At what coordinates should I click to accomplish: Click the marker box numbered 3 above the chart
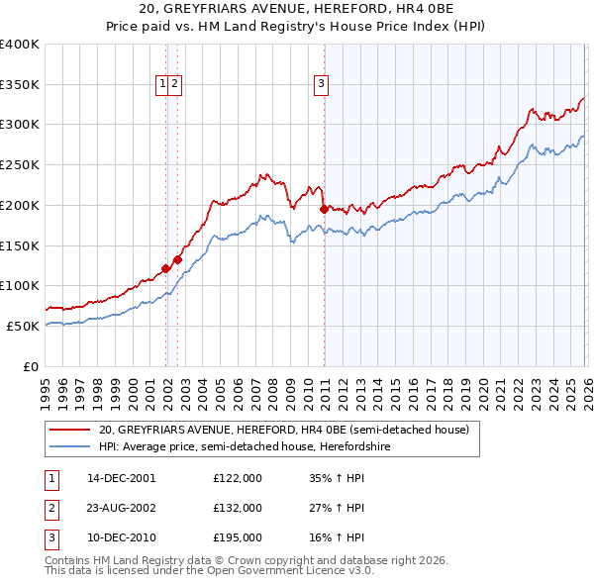coord(322,85)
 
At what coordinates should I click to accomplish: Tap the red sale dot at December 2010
coord(324,209)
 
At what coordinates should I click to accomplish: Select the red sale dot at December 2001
coord(165,267)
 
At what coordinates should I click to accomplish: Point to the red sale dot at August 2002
coord(177,259)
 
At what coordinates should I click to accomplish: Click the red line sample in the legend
coord(70,430)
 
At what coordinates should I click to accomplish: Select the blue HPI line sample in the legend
coord(70,446)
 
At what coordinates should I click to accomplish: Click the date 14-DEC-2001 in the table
coord(122,478)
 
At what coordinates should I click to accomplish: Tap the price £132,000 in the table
coord(238,508)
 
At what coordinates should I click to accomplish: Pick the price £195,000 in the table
coord(238,537)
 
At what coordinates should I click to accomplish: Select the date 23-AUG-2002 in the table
coord(122,508)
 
